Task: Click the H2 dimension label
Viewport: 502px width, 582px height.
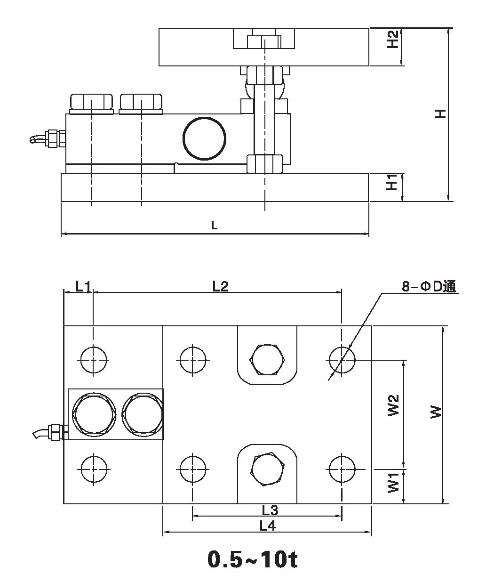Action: point(393,40)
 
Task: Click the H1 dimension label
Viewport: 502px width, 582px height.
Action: point(392,183)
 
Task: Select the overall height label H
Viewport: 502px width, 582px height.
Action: point(440,113)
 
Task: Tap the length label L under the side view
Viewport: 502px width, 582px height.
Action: point(214,226)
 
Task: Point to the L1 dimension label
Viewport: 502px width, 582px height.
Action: point(83,286)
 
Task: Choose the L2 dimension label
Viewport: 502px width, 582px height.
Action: point(220,286)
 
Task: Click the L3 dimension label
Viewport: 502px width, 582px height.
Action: point(270,510)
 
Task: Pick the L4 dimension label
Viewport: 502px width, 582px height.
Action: point(267,526)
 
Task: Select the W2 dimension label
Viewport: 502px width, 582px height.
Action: point(393,405)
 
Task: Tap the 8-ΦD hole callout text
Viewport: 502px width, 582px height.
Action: point(429,287)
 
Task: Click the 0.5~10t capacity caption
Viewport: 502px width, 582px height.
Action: point(252,559)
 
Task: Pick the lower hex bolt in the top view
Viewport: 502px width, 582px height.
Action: point(267,469)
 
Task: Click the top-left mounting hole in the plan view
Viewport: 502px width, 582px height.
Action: point(94,360)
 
